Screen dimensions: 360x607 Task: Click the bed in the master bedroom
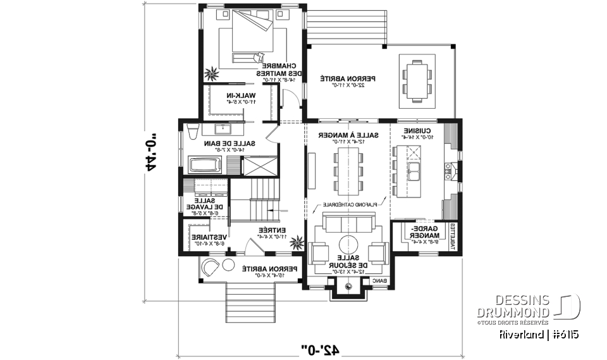[250, 35]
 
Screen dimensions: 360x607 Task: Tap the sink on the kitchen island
[414, 170]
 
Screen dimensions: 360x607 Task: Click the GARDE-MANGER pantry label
[421, 234]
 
